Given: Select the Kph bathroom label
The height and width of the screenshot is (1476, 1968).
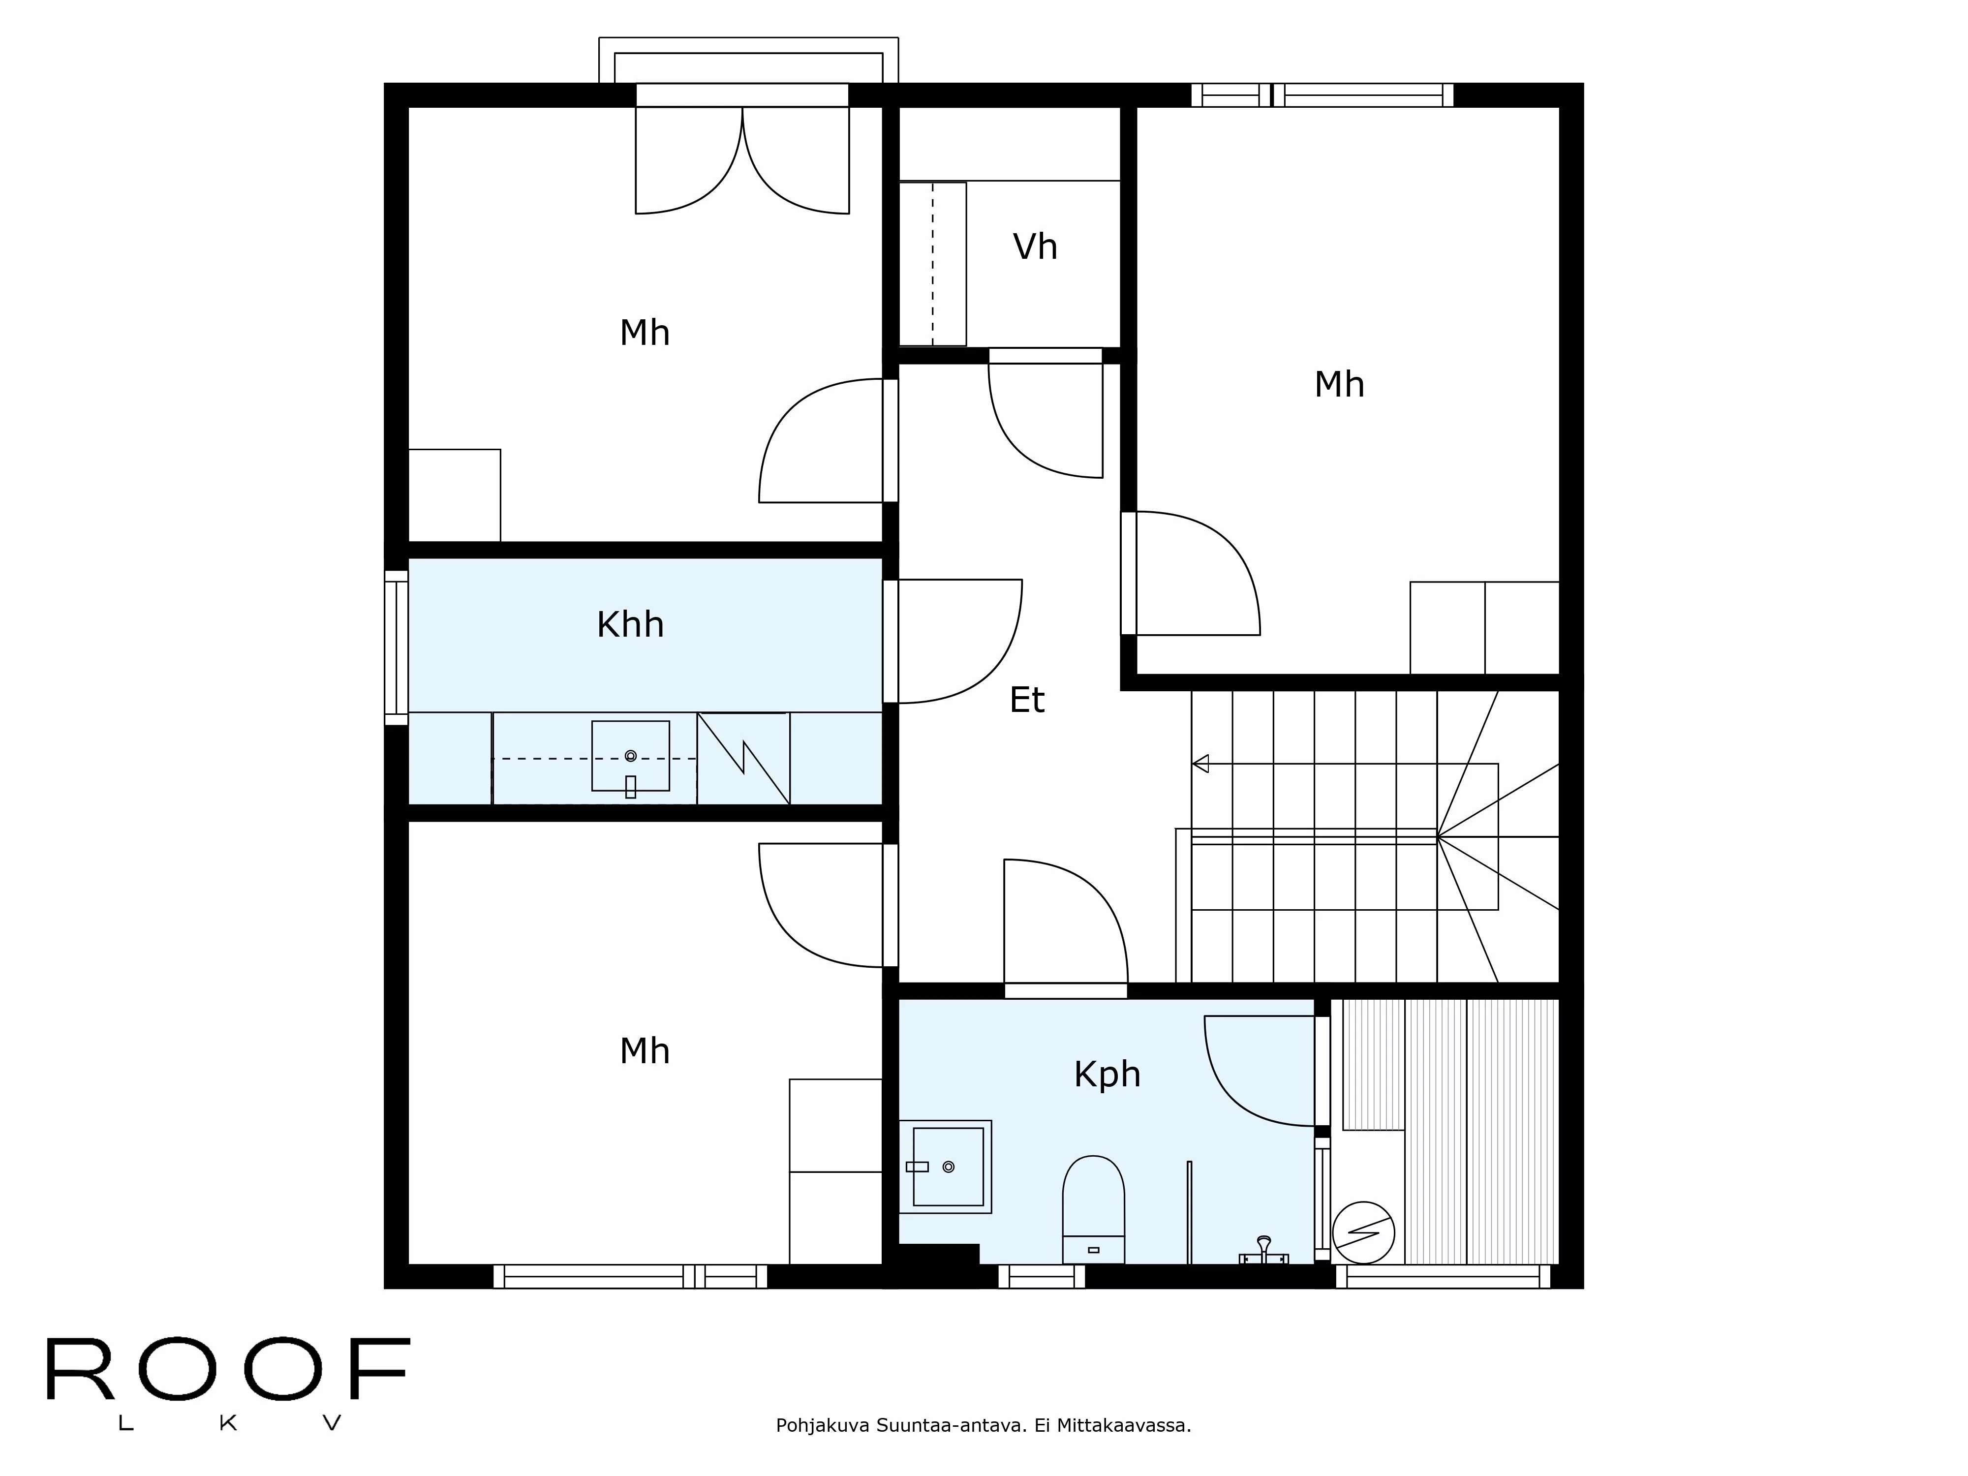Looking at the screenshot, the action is pyautogui.click(x=1107, y=1075).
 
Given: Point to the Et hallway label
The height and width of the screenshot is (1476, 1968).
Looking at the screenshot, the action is pyautogui.click(x=1027, y=700).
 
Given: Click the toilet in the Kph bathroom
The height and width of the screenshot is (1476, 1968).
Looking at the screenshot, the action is pyautogui.click(x=1093, y=1209).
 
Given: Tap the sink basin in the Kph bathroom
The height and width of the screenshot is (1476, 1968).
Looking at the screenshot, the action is pyautogui.click(x=945, y=1167).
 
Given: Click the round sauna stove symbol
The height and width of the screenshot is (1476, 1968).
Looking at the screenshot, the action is pyautogui.click(x=1363, y=1232).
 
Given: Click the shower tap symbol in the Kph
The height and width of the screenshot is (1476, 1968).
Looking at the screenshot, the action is pyautogui.click(x=1263, y=1251).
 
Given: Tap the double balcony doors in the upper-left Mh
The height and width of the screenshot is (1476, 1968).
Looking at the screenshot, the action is pyautogui.click(x=742, y=160).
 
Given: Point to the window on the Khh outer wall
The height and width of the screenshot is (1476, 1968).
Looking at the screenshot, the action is pyautogui.click(x=396, y=647).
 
